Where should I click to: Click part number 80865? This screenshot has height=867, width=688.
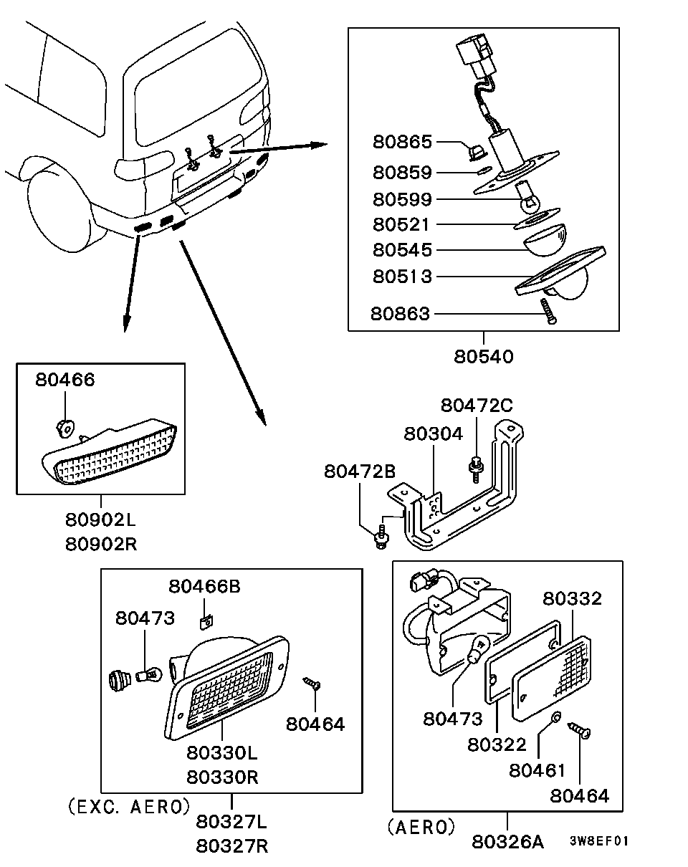[402, 142]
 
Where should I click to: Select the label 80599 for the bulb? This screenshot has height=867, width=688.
[402, 199]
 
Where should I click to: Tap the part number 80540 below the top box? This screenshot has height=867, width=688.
[484, 357]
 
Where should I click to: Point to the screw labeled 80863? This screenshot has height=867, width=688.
[548, 311]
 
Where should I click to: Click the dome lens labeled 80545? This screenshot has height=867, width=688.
[545, 239]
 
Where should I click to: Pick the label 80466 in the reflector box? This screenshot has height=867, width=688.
[65, 380]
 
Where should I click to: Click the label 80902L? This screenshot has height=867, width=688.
[101, 519]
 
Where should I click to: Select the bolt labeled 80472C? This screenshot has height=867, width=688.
[476, 469]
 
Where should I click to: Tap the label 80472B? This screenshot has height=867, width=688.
[360, 471]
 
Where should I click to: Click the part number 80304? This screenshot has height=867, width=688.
[434, 434]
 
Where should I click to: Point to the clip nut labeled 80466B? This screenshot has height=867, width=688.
[206, 623]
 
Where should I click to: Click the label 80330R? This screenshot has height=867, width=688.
[222, 777]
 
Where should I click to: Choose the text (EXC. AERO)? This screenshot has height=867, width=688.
[129, 806]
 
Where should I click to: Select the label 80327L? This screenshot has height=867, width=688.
[231, 823]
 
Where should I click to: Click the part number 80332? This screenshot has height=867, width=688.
[572, 599]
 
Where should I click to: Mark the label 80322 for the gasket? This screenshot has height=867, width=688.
[497, 744]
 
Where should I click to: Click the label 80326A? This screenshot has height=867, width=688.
[508, 842]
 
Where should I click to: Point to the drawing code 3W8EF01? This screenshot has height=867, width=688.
[599, 840]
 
